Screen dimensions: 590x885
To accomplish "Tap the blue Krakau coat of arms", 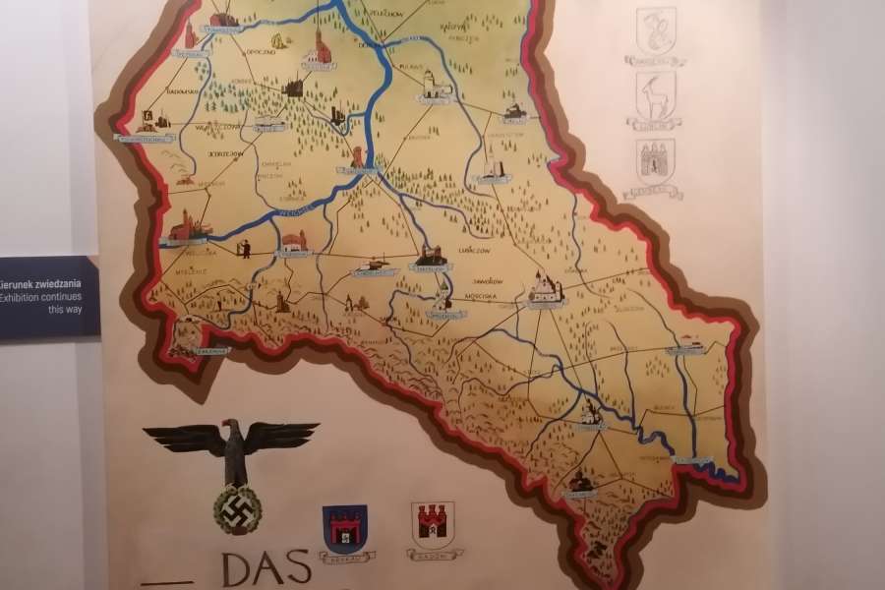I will point(345,530).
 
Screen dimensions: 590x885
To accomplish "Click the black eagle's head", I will point(232,429).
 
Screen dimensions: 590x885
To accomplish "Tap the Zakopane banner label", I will point(211,350).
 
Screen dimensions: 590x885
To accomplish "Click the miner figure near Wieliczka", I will point(245,249).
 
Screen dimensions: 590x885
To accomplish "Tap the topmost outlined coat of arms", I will point(655,31).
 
